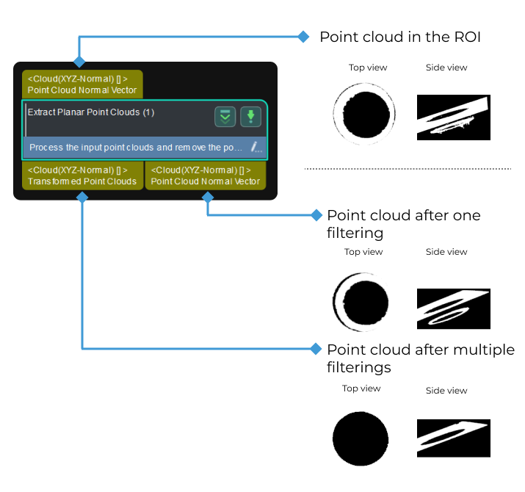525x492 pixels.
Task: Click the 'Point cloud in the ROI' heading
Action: click(x=399, y=37)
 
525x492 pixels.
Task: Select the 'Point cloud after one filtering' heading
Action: click(x=403, y=224)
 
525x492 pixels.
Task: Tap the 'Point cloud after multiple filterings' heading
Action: click(x=420, y=358)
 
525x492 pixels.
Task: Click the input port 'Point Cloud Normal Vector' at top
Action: click(x=82, y=84)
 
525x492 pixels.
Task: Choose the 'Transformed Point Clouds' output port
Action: click(x=82, y=176)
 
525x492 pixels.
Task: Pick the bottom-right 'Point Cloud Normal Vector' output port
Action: click(x=206, y=176)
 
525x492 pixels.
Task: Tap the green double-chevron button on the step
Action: click(x=225, y=116)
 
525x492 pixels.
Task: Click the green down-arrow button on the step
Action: click(x=250, y=116)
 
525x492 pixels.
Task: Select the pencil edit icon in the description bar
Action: click(x=256, y=147)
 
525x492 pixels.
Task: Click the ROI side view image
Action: click(x=453, y=117)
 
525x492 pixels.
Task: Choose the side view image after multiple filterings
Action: click(x=453, y=438)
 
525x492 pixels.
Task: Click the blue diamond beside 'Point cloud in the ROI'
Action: click(x=303, y=37)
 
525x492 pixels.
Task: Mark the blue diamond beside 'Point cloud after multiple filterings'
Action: click(x=316, y=348)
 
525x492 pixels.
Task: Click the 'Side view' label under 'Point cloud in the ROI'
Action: click(x=446, y=68)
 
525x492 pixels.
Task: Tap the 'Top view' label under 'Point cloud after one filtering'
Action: click(x=363, y=252)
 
